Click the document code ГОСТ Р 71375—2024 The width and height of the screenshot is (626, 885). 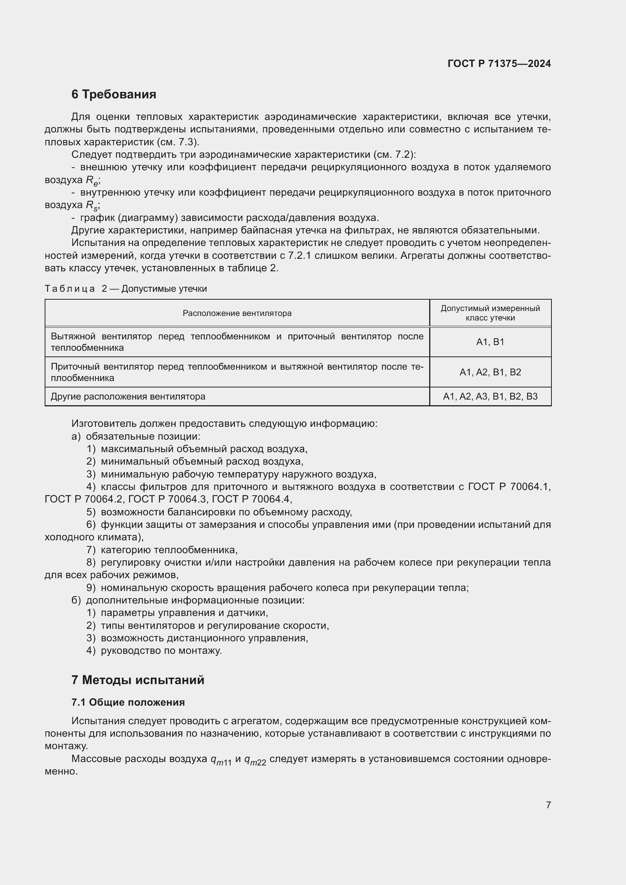point(499,64)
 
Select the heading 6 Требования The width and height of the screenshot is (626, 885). point(114,95)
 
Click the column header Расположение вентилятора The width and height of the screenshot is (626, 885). point(237,313)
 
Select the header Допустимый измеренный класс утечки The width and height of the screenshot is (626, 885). point(490,313)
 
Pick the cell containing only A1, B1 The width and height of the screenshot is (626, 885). point(490,342)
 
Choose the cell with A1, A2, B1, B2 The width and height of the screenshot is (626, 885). point(490,372)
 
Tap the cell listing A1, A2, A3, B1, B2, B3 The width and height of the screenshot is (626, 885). point(490,396)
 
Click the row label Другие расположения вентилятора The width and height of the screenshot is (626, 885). point(128,396)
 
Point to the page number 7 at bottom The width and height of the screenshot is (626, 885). point(548,804)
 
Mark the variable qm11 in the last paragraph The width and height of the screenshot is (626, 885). point(221,759)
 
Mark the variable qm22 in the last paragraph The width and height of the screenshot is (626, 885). point(255,759)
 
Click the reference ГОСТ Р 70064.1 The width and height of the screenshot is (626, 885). point(509,487)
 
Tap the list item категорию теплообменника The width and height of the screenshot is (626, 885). point(169,550)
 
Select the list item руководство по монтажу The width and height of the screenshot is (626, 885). point(161,651)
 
